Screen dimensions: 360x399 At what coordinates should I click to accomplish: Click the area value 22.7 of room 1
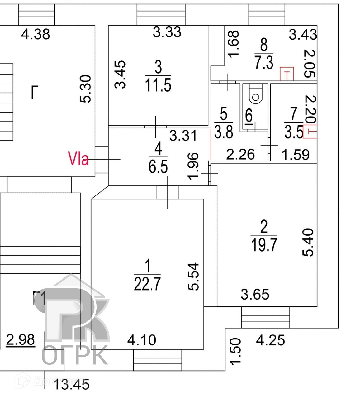(147, 284)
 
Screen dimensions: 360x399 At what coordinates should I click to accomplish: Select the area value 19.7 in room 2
(264, 244)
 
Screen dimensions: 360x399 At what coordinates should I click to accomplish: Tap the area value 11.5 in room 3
(158, 85)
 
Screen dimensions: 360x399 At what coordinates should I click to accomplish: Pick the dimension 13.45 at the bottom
(72, 384)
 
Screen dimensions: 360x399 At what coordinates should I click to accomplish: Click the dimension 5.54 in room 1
(193, 276)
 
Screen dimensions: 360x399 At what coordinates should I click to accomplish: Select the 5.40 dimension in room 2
(308, 242)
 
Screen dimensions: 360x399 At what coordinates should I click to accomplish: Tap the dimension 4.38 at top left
(36, 34)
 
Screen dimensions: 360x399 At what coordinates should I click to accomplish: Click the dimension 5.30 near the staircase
(86, 89)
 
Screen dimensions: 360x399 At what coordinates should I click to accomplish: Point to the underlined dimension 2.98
(20, 339)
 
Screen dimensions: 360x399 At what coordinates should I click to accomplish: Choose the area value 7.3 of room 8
(264, 62)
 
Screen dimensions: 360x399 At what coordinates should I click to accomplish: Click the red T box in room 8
(287, 74)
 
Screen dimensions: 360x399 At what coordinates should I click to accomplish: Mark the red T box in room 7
(310, 131)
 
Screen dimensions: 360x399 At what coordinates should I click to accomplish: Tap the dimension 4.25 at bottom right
(270, 340)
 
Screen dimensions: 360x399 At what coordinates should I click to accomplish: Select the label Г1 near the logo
(39, 297)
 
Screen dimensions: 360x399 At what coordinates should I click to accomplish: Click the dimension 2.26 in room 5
(240, 154)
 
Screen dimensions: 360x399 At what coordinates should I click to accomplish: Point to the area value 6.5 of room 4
(158, 167)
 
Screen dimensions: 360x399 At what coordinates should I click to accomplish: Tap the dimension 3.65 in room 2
(255, 294)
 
